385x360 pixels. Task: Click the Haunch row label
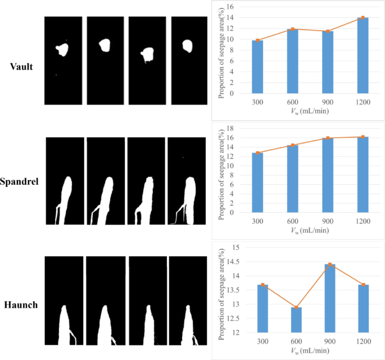coord(21,305)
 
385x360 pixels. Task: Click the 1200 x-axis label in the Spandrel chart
coord(363,221)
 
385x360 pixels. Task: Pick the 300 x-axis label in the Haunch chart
coord(257,341)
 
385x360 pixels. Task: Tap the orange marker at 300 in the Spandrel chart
coord(257,153)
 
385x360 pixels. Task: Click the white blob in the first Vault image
coord(62,50)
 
